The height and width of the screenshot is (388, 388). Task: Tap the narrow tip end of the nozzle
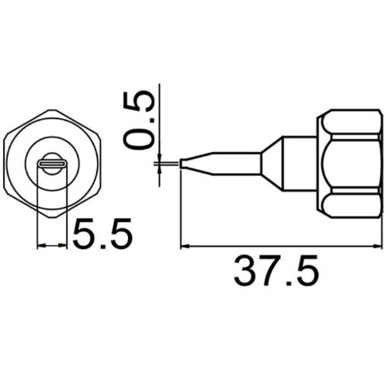(x=183, y=164)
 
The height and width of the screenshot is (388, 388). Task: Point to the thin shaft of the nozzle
(x=225, y=164)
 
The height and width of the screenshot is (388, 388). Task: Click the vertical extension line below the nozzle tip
(x=180, y=210)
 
